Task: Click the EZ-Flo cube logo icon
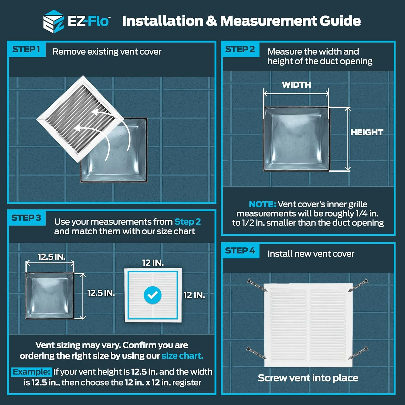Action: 53,22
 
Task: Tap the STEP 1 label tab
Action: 26,49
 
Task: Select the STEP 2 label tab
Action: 240,49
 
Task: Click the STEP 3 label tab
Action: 26,218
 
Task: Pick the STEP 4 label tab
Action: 240,251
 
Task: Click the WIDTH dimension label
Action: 296,85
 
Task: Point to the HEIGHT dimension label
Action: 367,132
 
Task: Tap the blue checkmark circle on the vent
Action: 153,295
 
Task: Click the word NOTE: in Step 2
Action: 262,204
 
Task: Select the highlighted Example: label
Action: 31,372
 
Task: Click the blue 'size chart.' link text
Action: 182,356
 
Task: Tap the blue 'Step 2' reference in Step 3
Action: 187,222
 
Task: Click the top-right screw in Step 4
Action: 358,285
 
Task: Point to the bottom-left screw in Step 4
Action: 256,353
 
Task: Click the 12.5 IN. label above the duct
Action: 51,257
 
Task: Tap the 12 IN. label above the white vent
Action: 153,263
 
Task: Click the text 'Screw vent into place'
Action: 308,378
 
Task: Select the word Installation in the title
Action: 163,21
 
